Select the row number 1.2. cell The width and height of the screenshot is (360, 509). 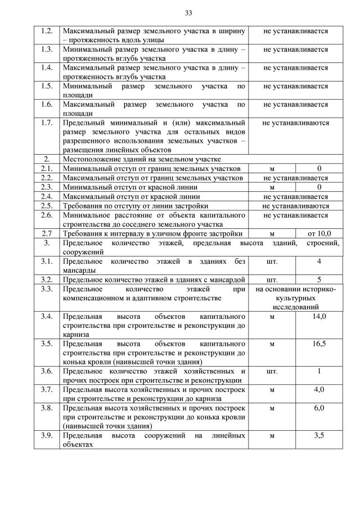47,31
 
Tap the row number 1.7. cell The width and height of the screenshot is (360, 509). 47,123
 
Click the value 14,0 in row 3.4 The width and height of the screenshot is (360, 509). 319,317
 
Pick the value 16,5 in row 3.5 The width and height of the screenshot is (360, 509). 319,343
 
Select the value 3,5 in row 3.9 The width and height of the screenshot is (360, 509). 319,435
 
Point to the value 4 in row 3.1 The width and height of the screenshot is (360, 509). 319,261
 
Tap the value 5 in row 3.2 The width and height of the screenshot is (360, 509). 319,279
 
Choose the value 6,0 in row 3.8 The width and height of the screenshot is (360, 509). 319,408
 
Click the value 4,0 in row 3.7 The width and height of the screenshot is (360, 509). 319,389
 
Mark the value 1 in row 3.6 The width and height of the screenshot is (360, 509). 319,371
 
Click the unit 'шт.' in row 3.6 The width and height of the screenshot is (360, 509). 272,371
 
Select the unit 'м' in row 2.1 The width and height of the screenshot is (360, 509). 272,169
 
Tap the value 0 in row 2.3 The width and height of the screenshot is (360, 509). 319,187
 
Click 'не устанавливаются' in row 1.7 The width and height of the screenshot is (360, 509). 295,123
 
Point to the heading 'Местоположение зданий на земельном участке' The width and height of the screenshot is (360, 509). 142,159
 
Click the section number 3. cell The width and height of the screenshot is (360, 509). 47,243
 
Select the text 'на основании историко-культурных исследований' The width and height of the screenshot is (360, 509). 295,298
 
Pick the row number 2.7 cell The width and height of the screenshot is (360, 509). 47,233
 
